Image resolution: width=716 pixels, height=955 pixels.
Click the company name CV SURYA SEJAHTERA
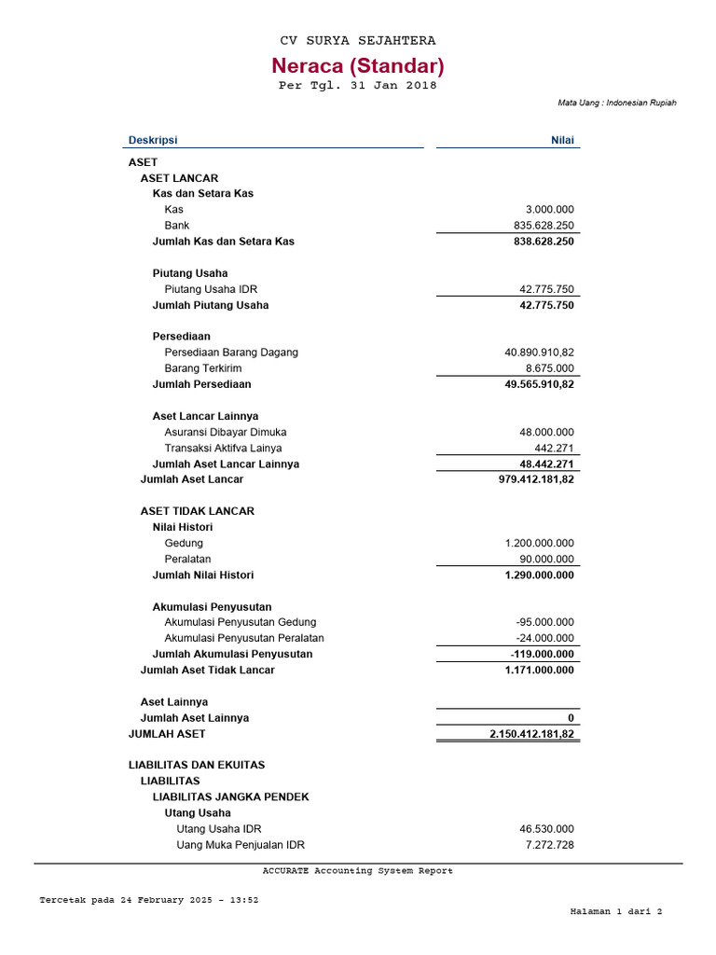pos(358,41)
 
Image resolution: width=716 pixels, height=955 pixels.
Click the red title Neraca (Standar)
pos(358,66)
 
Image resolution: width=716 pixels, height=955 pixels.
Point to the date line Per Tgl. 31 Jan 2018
pos(358,86)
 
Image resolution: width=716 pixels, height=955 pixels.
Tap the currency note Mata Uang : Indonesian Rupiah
pos(617,103)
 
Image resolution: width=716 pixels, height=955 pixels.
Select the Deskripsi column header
pos(152,140)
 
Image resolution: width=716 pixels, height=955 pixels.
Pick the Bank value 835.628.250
pos(544,226)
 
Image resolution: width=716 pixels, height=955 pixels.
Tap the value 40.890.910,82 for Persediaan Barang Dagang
pos(539,353)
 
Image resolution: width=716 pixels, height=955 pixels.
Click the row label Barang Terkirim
pos(203,368)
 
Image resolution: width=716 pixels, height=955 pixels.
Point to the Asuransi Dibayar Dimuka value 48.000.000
pos(547,432)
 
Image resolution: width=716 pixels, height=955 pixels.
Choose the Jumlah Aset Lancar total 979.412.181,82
pos(537,479)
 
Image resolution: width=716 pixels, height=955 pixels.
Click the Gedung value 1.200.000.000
pos(540,543)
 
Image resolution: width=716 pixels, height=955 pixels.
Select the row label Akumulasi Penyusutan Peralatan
pos(244,638)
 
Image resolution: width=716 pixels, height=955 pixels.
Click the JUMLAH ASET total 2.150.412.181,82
pos(532,735)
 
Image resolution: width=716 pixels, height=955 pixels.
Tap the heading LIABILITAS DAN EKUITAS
pos(197,765)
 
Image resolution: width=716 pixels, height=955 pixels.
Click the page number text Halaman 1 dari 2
pos(616,911)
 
